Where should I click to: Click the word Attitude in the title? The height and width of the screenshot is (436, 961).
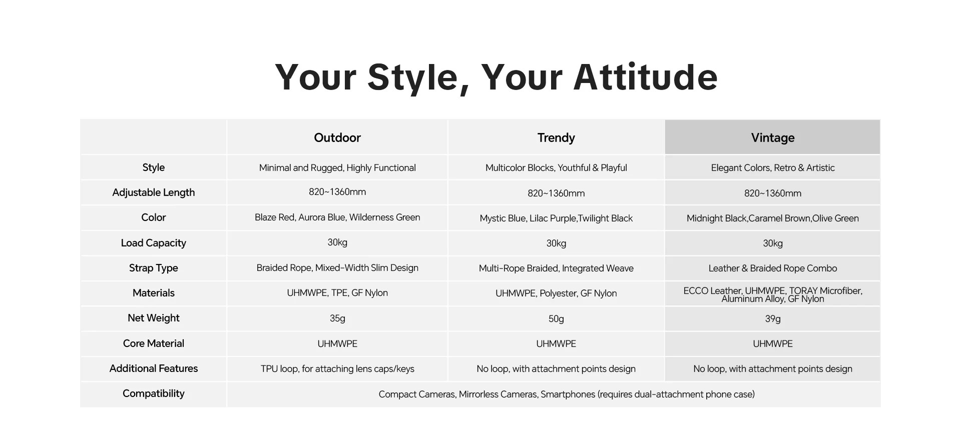pyautogui.click(x=646, y=77)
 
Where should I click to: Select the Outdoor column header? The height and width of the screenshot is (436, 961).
pyautogui.click(x=337, y=137)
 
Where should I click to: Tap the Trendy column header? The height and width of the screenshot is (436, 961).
pyautogui.click(x=556, y=137)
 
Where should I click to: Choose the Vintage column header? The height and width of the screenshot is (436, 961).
pyautogui.click(x=773, y=137)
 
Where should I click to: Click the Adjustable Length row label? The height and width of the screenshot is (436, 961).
pyautogui.click(x=154, y=192)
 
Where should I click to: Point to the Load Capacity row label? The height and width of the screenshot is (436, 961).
pyautogui.click(x=154, y=243)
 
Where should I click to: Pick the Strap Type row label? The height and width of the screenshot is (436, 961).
pyautogui.click(x=154, y=268)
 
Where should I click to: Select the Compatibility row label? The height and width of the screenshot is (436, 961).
pyautogui.click(x=154, y=393)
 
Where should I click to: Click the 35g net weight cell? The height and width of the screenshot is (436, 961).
pyautogui.click(x=337, y=318)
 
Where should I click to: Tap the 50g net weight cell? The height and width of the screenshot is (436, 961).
pyautogui.click(x=556, y=319)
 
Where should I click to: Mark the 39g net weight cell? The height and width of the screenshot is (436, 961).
pyautogui.click(x=773, y=319)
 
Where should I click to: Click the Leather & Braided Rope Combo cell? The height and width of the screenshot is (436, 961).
pyautogui.click(x=773, y=268)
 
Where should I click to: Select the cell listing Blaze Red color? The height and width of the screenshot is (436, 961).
pyautogui.click(x=337, y=217)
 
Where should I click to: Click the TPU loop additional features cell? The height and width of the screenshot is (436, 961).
pyautogui.click(x=337, y=369)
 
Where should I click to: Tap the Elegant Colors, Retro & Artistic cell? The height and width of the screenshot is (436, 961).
pyautogui.click(x=773, y=168)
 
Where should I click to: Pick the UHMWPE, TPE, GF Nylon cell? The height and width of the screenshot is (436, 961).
pyautogui.click(x=337, y=293)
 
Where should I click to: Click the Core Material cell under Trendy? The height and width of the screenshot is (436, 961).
pyautogui.click(x=556, y=344)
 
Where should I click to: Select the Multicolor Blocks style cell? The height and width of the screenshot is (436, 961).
pyautogui.click(x=556, y=168)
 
